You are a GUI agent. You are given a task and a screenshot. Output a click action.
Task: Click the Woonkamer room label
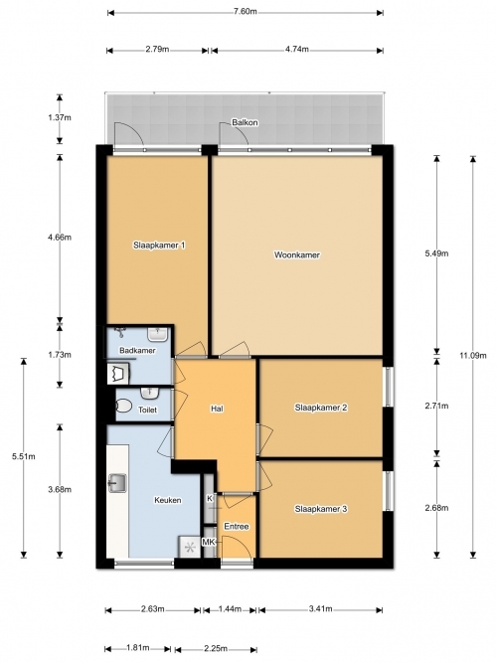tap(297, 255)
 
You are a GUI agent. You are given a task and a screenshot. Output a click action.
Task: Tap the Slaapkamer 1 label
tap(159, 246)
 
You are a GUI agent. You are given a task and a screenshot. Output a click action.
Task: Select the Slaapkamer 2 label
tap(321, 408)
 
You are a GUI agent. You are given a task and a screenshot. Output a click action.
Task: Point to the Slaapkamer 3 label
tap(321, 509)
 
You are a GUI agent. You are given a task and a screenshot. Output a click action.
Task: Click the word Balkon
tap(245, 122)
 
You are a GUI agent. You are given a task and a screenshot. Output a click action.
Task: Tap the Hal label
tap(217, 409)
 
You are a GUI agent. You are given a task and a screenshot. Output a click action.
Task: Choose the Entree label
tap(237, 527)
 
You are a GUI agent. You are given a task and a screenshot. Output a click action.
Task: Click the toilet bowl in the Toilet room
tap(123, 407)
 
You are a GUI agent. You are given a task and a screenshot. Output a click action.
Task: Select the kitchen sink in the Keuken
tap(117, 483)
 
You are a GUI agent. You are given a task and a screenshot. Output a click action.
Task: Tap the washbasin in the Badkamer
tap(159, 334)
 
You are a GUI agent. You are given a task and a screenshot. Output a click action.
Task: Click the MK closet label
tap(208, 542)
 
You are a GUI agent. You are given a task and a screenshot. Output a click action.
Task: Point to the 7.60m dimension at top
tap(246, 11)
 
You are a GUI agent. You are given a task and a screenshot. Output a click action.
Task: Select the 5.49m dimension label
tap(436, 253)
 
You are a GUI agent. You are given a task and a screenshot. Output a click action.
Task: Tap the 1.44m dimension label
tap(230, 609)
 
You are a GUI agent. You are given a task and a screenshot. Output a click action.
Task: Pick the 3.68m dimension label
tap(60, 490)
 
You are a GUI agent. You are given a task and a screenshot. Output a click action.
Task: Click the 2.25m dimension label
tap(216, 649)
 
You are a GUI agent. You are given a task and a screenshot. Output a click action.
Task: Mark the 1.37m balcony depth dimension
tap(60, 117)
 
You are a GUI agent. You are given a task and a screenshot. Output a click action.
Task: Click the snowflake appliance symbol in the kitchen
tap(190, 548)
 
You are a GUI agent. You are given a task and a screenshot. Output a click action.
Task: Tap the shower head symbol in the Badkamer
tap(121, 332)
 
